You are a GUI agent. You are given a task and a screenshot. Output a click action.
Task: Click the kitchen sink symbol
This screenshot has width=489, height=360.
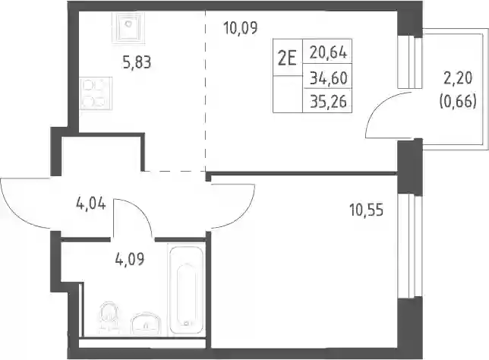(x=128, y=27)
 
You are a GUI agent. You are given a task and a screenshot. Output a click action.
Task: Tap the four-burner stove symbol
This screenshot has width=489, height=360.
(x=96, y=93)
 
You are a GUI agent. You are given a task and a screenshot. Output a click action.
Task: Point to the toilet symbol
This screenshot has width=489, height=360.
(x=109, y=318)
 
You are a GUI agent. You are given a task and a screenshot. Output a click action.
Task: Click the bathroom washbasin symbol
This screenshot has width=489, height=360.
(x=147, y=324)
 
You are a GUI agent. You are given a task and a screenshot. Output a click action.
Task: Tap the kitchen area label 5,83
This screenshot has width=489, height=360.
(x=137, y=62)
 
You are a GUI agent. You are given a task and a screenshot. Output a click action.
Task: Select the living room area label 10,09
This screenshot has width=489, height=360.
(x=241, y=28)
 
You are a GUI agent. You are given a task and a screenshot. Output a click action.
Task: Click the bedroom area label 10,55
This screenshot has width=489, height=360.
(x=366, y=210)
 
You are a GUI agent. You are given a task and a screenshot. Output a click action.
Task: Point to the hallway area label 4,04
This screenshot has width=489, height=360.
(x=91, y=204)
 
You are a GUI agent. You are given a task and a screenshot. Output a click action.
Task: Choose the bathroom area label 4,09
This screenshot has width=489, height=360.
(x=130, y=259)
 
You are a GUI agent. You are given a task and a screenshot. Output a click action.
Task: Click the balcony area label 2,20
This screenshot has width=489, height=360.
(x=458, y=78)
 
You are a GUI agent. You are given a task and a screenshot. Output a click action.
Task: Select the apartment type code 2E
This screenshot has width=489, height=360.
(x=287, y=58)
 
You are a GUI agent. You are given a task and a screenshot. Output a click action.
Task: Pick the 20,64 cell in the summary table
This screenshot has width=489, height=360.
(x=328, y=52)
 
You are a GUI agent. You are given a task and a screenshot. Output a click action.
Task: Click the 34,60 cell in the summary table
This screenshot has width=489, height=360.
(x=328, y=78)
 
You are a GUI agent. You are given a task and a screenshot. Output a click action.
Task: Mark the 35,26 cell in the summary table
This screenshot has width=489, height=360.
(x=328, y=101)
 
